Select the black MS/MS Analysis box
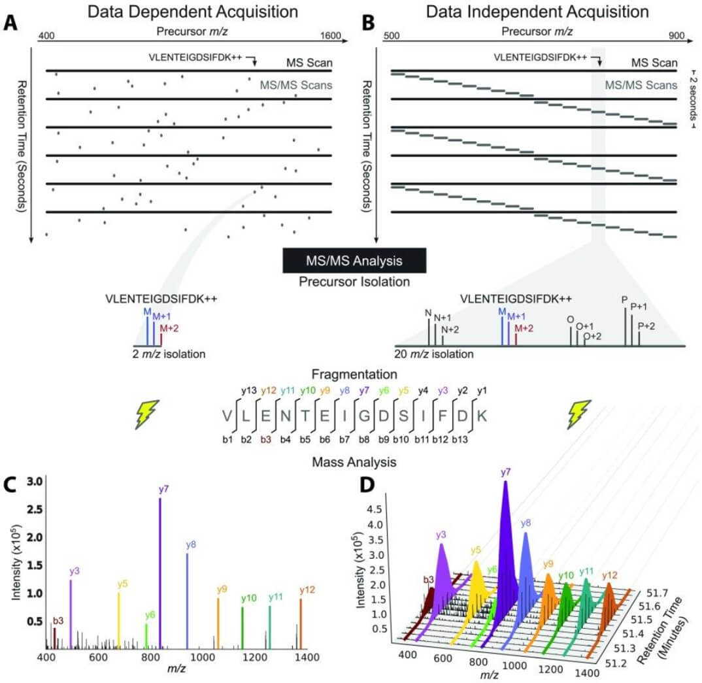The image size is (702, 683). (x=354, y=260)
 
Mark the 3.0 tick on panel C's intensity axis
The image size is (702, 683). (x=35, y=482)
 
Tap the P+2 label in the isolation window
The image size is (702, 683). (x=646, y=325)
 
